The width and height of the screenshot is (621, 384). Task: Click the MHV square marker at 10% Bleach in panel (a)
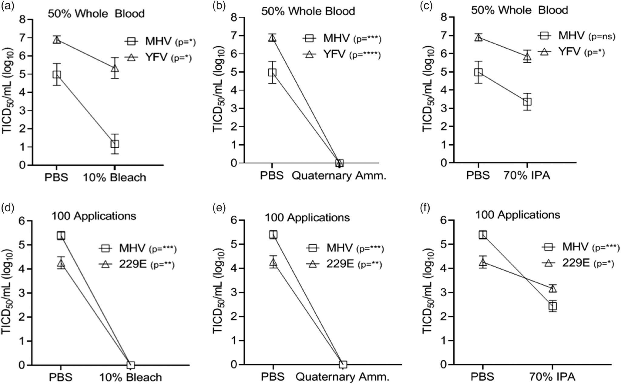[x=115, y=144]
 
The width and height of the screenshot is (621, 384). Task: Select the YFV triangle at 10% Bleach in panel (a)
[x=115, y=68]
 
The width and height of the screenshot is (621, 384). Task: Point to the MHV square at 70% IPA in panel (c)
[x=527, y=101]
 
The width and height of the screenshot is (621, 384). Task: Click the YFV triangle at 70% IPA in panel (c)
[x=527, y=57]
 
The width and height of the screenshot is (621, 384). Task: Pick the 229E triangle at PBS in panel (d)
[x=61, y=264]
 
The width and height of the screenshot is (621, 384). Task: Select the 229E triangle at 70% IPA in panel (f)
[x=552, y=288]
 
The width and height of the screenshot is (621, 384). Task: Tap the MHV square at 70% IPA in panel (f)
[x=552, y=306]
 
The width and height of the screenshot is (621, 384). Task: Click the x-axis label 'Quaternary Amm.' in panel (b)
[x=339, y=176]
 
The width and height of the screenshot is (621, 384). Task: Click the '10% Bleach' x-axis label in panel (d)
[x=130, y=377]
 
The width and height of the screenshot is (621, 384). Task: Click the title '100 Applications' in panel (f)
[x=517, y=215]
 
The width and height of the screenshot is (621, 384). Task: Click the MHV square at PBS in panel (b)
[x=272, y=72]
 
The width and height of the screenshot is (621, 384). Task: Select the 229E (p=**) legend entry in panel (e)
[x=344, y=264]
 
